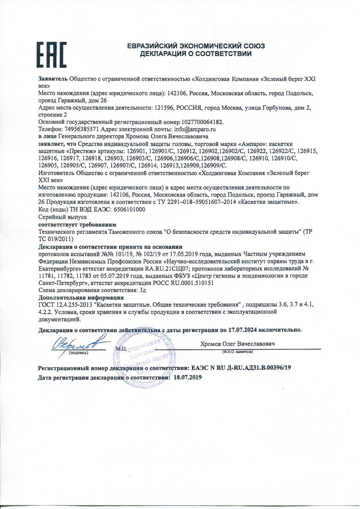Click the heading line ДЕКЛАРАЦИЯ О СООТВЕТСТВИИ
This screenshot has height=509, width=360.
195,54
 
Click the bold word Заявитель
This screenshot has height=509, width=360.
53,79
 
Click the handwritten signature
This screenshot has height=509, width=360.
79,342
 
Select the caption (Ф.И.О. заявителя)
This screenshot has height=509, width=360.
236,351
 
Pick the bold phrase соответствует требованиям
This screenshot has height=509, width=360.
77,224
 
